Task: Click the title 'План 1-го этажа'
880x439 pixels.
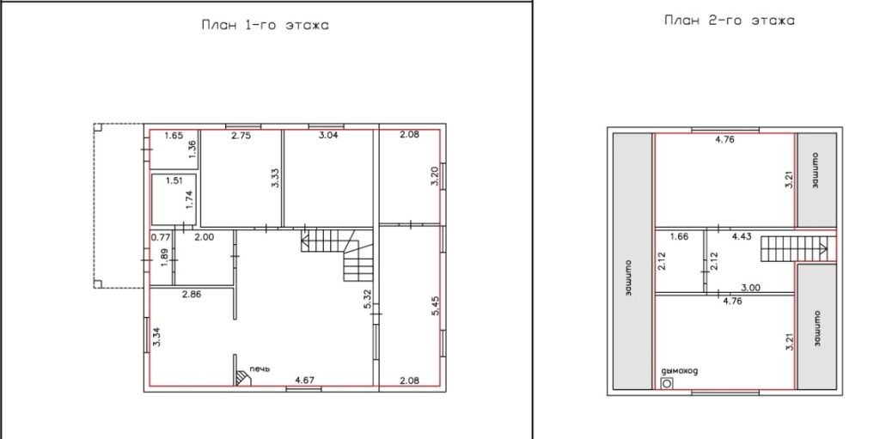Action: click(x=265, y=25)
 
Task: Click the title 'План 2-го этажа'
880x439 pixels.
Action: click(x=729, y=21)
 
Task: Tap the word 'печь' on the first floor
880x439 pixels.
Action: click(x=260, y=369)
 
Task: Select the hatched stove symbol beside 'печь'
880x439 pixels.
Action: click(x=243, y=378)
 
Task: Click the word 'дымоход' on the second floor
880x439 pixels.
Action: click(x=680, y=371)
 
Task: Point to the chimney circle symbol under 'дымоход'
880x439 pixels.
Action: click(x=667, y=384)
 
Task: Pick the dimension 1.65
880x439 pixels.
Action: click(x=174, y=135)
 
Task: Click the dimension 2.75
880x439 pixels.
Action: click(x=241, y=135)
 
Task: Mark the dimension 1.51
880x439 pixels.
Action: click(x=175, y=180)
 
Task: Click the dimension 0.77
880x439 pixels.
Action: click(x=161, y=237)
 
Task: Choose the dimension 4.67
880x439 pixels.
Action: click(x=305, y=380)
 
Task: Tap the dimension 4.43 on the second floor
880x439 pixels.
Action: click(x=742, y=237)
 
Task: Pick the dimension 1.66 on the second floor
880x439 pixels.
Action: click(x=679, y=237)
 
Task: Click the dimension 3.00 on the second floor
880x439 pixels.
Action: click(x=750, y=288)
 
